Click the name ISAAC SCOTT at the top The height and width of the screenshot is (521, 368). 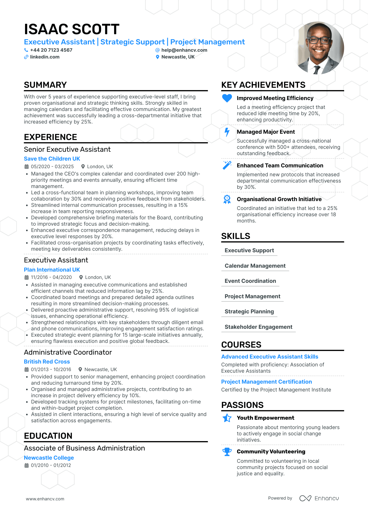(72, 29)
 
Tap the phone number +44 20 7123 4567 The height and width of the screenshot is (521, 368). (51, 50)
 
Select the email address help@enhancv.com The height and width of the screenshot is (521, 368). (184, 50)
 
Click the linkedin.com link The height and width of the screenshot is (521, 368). (45, 57)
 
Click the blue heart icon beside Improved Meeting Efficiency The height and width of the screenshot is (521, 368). (227, 98)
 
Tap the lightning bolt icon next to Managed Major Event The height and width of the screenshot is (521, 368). (227, 132)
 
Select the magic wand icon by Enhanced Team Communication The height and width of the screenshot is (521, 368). (227, 165)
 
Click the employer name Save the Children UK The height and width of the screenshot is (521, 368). (52, 159)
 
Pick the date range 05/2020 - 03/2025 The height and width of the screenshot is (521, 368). (52, 167)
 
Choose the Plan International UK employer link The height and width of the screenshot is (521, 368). (52, 270)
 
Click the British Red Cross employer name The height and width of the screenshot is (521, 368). (47, 362)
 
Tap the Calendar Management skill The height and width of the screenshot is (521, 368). (255, 266)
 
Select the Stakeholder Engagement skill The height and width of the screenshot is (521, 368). (258, 327)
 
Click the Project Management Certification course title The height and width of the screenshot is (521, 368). (266, 382)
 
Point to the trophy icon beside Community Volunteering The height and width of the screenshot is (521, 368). (227, 452)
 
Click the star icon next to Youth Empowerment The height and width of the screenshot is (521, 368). (227, 418)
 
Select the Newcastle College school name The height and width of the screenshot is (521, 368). (49, 458)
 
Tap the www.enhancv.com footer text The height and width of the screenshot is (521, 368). (45, 499)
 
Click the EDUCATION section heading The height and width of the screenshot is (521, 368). (48, 436)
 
